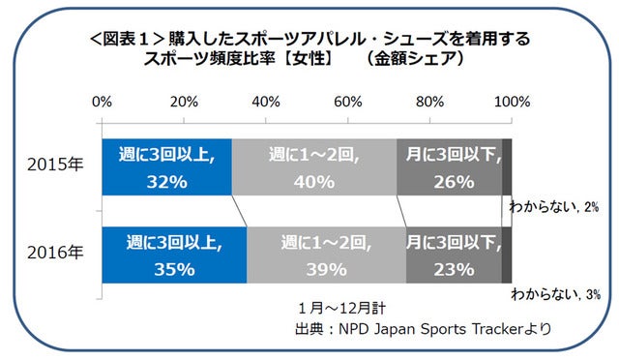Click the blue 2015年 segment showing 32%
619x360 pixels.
(166, 166)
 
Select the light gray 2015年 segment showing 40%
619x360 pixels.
(314, 166)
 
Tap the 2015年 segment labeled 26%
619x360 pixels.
(449, 166)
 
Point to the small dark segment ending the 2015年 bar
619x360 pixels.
(507, 166)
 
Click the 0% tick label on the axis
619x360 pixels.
(101, 102)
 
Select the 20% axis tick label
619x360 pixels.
(183, 102)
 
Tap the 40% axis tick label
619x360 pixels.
(265, 102)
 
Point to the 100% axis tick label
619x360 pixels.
(510, 102)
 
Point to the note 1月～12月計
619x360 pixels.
(341, 309)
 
